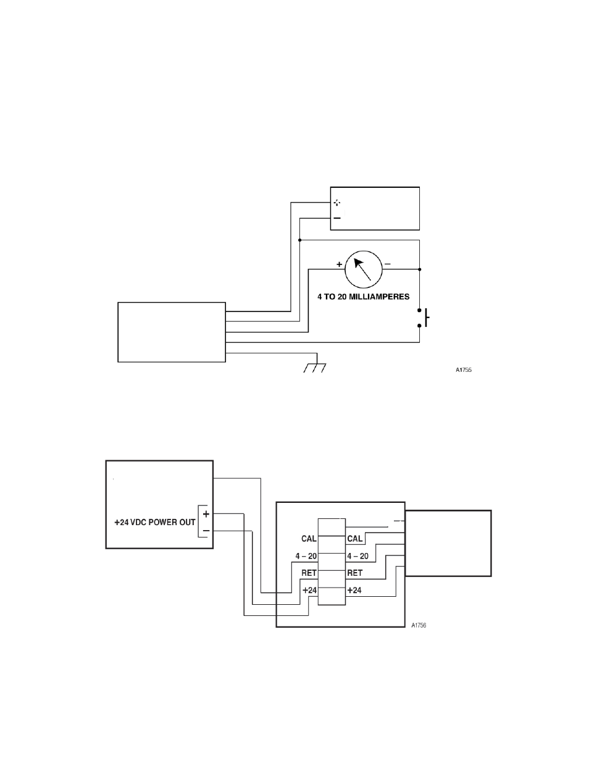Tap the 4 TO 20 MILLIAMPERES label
coord(364,297)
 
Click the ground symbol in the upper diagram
coord(315,368)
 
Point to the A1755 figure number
coord(464,369)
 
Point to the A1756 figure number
coord(419,625)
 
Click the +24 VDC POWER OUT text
coord(155,523)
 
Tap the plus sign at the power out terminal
coord(206,514)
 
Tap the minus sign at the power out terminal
coord(206,531)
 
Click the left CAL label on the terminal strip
coord(309,539)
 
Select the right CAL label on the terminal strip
coord(354,539)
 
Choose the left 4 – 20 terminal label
coord(306,556)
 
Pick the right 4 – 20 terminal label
coord(358,556)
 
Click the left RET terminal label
coord(309,573)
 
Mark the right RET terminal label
coord(354,573)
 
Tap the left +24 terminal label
coord(309,590)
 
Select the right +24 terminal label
coord(354,590)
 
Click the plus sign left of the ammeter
coord(339,264)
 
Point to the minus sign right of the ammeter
coord(388,264)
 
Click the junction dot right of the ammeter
coord(420,269)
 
